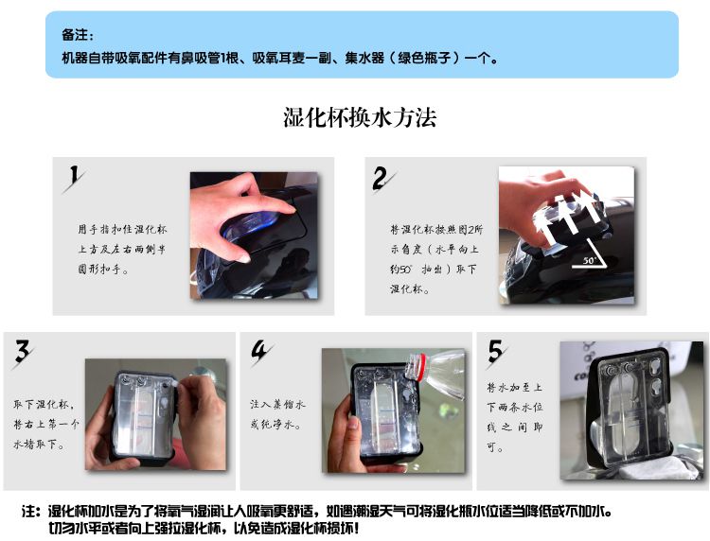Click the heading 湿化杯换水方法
(x=360, y=117)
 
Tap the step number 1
(x=74, y=177)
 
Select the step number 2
(x=382, y=178)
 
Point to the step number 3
(x=22, y=353)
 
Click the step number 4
(x=260, y=353)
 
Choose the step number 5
(x=496, y=351)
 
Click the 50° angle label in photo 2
(x=589, y=260)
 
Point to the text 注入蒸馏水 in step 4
(x=278, y=405)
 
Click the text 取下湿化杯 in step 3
(x=41, y=404)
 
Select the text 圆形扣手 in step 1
(x=99, y=270)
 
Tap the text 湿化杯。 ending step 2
(x=410, y=288)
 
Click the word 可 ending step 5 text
(x=491, y=447)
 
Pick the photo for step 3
(x=156, y=414)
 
